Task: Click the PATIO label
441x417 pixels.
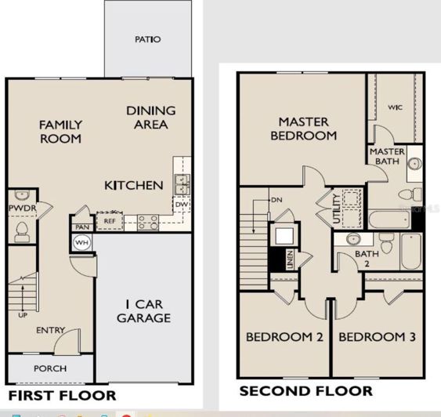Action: click(x=147, y=39)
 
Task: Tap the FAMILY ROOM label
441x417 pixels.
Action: click(x=60, y=132)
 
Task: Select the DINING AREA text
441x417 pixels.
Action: click(x=150, y=118)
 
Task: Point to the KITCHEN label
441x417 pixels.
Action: click(x=134, y=186)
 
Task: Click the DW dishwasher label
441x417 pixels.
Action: click(x=182, y=205)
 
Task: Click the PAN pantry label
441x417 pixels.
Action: click(x=82, y=227)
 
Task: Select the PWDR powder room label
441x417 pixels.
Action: click(x=19, y=208)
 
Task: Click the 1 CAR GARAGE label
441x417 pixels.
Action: click(x=143, y=310)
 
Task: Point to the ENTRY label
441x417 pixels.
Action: click(x=50, y=331)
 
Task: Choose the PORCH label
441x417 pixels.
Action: click(x=50, y=368)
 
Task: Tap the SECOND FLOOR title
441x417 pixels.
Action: click(x=305, y=390)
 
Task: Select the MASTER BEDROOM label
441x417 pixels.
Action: click(x=303, y=129)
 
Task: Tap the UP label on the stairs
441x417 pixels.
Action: click(x=22, y=315)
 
